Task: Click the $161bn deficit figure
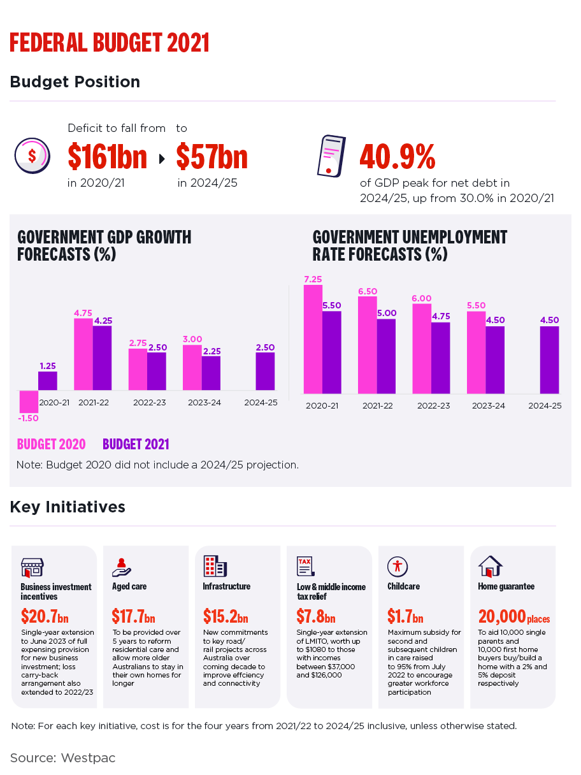pyautogui.click(x=107, y=157)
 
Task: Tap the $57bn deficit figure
pyautogui.click(x=212, y=157)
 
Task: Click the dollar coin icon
pyautogui.click(x=31, y=156)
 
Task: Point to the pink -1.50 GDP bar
pyautogui.click(x=29, y=401)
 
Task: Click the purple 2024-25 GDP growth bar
pyautogui.click(x=266, y=372)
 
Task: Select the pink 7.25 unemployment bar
pyautogui.click(x=313, y=339)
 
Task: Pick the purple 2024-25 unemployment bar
pyautogui.click(x=549, y=359)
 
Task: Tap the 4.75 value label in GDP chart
pyautogui.click(x=83, y=313)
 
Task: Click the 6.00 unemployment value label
pyautogui.click(x=422, y=298)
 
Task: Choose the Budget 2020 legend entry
pyautogui.click(x=51, y=444)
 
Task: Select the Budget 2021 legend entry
pyautogui.click(x=136, y=444)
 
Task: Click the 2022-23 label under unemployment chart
pyautogui.click(x=434, y=406)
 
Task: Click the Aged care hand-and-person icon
pyautogui.click(x=121, y=565)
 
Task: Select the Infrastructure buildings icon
pyautogui.click(x=215, y=565)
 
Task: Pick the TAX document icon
pyautogui.click(x=306, y=565)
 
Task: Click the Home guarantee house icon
pyautogui.click(x=490, y=565)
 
